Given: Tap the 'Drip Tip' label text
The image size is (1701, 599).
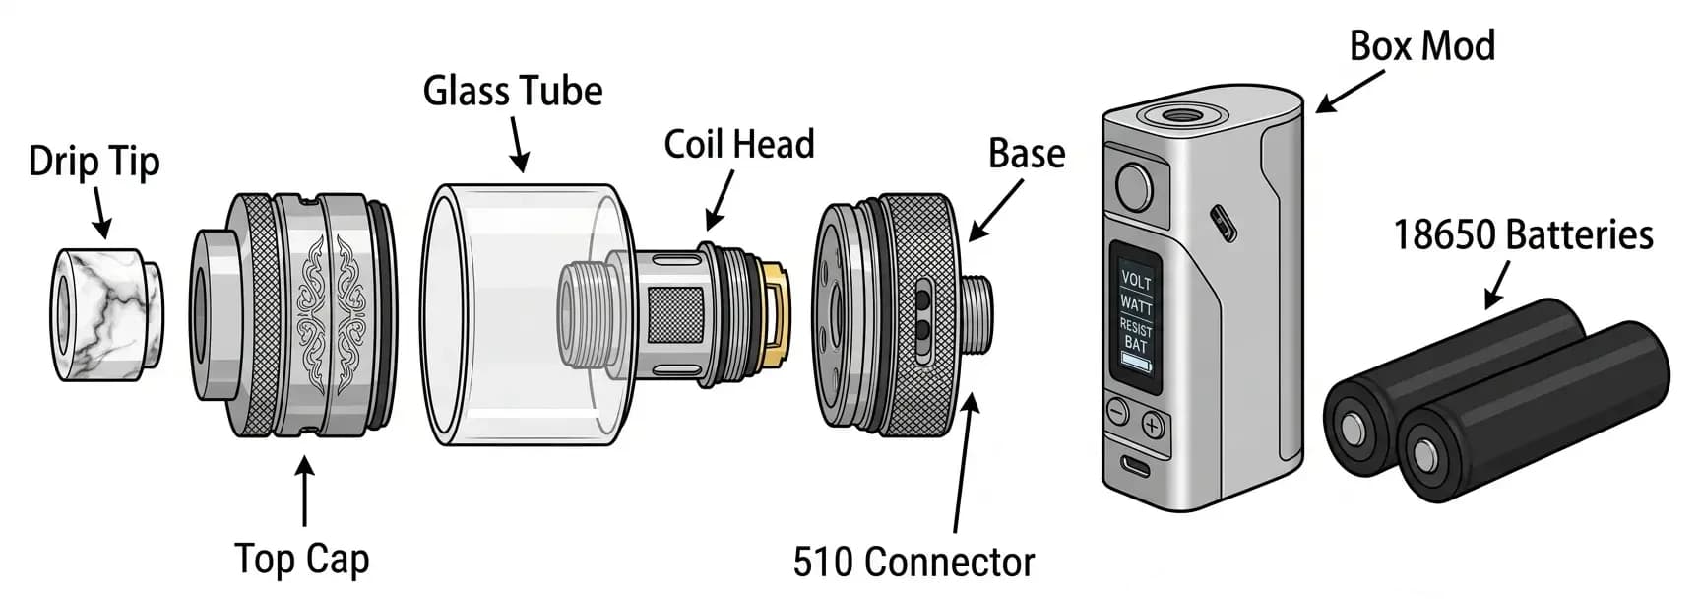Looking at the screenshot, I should pos(94,162).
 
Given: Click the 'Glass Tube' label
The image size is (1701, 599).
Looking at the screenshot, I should pos(512,92).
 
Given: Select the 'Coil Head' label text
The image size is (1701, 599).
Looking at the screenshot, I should pos(738,145).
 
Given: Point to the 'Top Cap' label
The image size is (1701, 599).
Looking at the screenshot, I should pos(301,559).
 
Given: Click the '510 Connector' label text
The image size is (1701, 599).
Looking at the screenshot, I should pos(913,563).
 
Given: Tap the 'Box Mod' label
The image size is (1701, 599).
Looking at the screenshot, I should pos(1420,46).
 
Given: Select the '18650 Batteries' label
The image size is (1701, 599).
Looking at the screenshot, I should pos(1522,235).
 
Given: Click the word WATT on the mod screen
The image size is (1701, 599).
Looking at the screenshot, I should pos(1135,303).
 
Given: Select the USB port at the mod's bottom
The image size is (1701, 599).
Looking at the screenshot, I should pos(1134,466).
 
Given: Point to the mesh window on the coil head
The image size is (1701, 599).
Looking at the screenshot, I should pos(675,314).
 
